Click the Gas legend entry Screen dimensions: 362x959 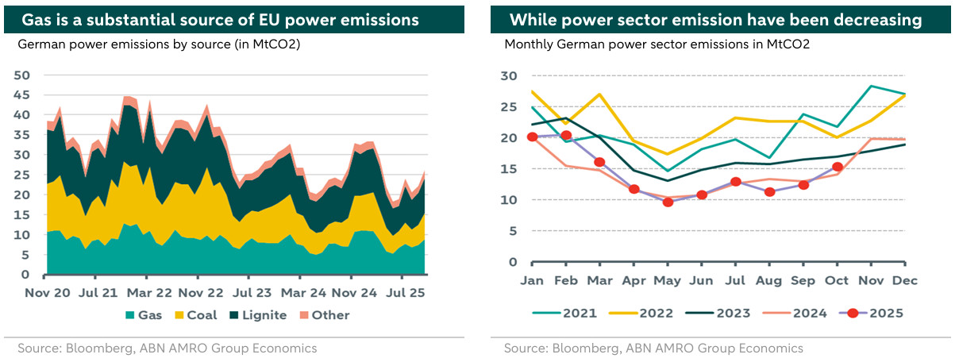[x=142, y=315]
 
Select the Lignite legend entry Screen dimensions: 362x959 [x=258, y=315]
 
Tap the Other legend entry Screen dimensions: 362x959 [x=325, y=315]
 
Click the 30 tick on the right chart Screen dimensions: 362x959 [x=508, y=76]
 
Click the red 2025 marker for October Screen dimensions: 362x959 [x=838, y=167]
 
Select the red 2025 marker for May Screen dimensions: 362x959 [x=668, y=202]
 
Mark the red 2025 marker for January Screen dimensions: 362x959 [x=533, y=137]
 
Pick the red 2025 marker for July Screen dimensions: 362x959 [x=736, y=182]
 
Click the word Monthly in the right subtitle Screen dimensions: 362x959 [x=530, y=44]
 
